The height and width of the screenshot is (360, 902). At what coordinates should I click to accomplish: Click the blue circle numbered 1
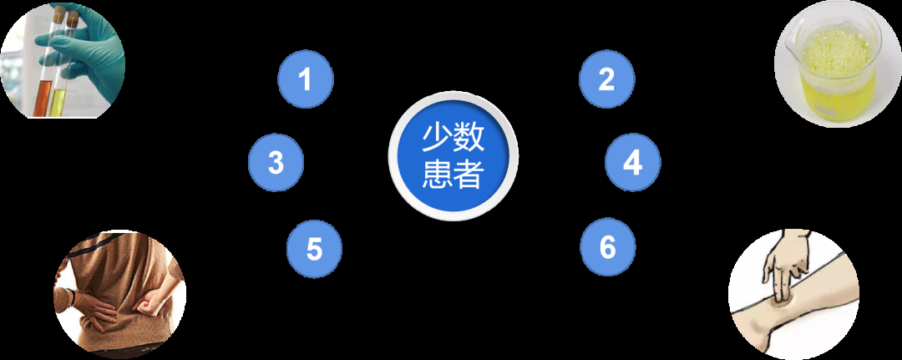306,79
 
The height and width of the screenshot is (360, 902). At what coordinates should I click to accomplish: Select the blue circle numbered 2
606,79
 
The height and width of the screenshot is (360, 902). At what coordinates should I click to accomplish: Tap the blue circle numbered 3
276,163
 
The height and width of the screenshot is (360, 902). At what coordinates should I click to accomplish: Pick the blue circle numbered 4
633,163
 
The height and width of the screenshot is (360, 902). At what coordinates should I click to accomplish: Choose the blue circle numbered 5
314,249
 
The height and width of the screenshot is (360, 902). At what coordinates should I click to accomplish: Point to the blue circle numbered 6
608,247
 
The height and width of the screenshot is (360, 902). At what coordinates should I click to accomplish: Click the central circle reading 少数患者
454,156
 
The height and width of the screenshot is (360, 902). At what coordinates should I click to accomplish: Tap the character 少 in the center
437,138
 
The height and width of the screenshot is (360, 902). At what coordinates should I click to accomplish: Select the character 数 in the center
469,138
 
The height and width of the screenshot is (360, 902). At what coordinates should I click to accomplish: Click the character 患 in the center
437,174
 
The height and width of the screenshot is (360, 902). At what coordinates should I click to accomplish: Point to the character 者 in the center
469,174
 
